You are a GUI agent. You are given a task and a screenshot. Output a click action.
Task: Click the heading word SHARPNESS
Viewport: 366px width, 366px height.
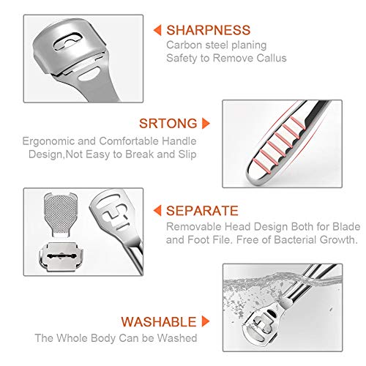(209, 31)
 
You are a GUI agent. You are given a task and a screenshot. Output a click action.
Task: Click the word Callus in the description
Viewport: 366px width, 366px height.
(269, 59)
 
